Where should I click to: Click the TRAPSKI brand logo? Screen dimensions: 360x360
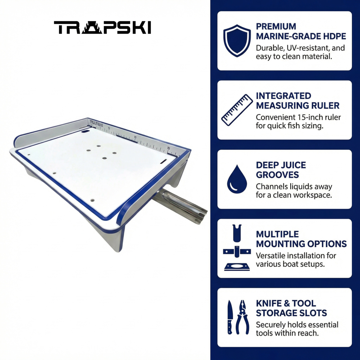[x=103, y=27]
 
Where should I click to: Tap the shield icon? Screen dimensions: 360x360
[x=237, y=40]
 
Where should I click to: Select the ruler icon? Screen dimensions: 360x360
[x=237, y=110]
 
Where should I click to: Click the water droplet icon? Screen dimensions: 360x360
[x=237, y=179]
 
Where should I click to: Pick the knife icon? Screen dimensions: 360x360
[x=230, y=317]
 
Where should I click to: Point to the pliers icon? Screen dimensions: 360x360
[x=243, y=317]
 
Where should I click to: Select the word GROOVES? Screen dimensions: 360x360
[x=277, y=175]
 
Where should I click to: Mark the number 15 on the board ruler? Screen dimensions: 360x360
[x=169, y=148]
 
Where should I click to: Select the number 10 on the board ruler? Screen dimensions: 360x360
[x=135, y=137]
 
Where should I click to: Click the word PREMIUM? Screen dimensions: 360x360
[x=276, y=27]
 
